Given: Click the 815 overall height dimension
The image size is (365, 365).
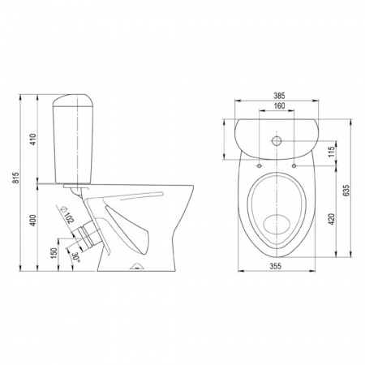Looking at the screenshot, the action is coord(17,178).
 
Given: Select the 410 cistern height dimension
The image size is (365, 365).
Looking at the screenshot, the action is coord(33,140).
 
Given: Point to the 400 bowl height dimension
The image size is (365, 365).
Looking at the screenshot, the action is coord(33,220).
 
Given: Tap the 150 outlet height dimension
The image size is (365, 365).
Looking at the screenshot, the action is coord(54,253).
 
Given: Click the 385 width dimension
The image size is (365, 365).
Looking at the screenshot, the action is coord(279,96).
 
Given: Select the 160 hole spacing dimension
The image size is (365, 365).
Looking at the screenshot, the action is coord(279,105).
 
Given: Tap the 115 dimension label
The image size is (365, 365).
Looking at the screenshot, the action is coord(332,152).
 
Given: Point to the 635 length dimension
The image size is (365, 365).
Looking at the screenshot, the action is coord(346,191).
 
